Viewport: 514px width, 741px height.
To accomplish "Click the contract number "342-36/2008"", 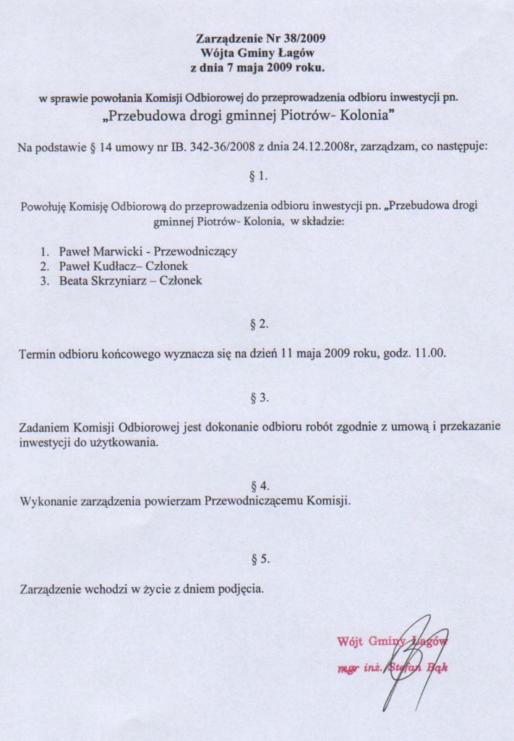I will pos(220,146).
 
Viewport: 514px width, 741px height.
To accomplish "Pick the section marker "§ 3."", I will pos(258,397).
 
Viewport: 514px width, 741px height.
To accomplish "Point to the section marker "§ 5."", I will pos(258,559).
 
